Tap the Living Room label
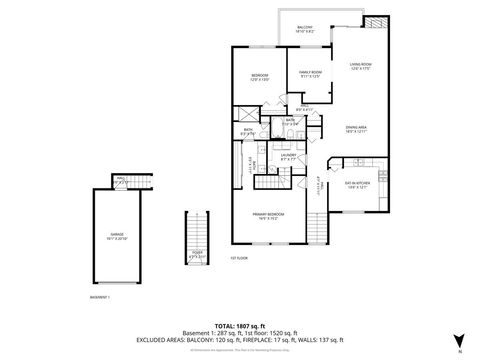tap(360, 67)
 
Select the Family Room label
tap(311, 74)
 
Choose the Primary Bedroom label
tap(268, 215)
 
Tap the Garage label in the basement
tap(124, 237)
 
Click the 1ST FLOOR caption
tap(238, 257)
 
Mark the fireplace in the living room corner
tap(376, 22)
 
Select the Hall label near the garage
tap(119, 181)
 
